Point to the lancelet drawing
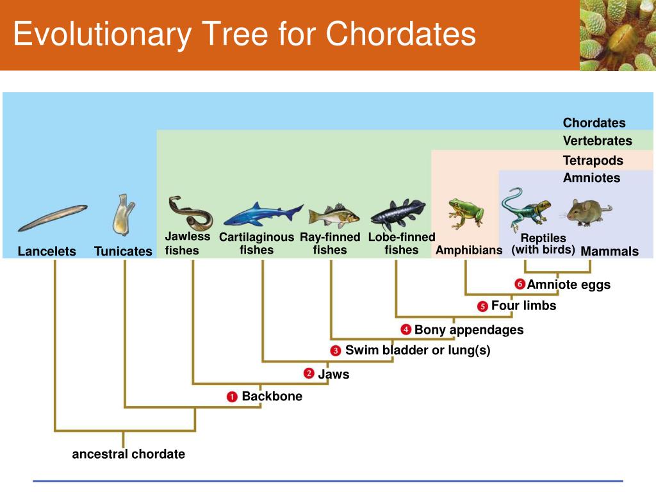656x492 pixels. [53, 218]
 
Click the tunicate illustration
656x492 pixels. [123, 215]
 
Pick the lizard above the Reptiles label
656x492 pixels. [525, 209]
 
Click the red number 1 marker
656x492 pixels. [232, 397]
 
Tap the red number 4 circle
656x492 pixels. [406, 330]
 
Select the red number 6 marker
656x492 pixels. [520, 284]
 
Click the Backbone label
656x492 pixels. [272, 397]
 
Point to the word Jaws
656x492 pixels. [334, 374]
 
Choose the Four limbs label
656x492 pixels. [523, 306]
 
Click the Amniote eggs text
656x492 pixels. [568, 284]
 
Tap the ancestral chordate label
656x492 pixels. [128, 454]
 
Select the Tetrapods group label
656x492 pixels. [593, 160]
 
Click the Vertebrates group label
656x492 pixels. [597, 141]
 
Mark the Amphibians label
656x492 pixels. [469, 250]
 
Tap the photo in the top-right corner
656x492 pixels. [617, 35]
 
